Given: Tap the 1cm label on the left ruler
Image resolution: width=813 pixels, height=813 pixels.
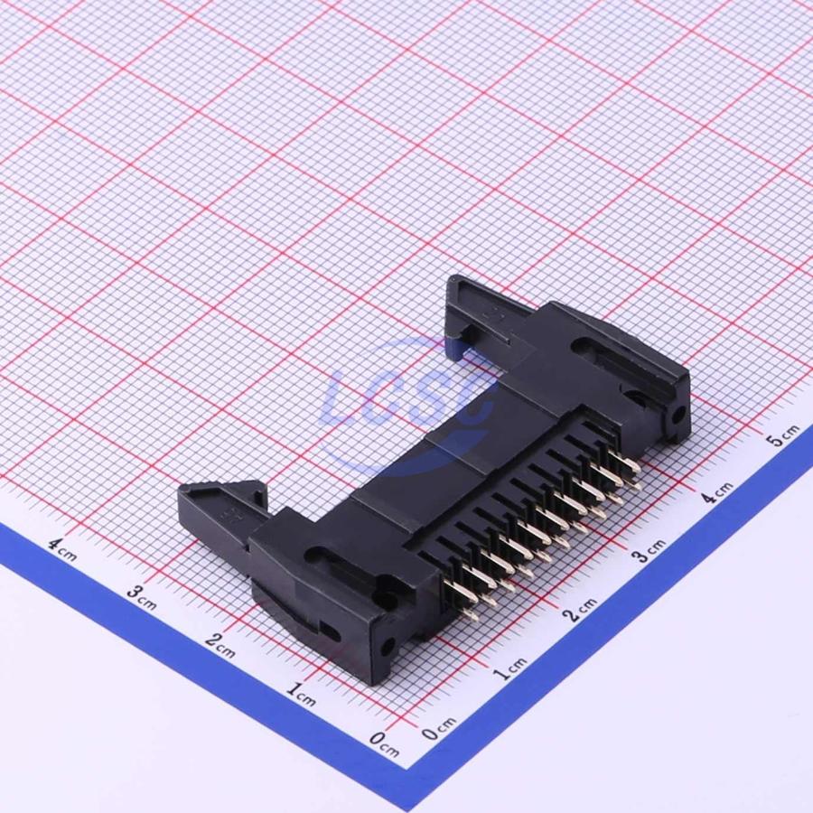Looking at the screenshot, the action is pos(301,695).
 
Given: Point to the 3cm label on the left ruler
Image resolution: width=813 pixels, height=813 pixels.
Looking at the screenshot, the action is pos(141,598).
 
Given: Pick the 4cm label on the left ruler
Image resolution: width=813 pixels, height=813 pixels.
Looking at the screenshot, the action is pos(62,549).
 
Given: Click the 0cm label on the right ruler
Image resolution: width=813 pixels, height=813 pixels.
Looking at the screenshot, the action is pos(439,728).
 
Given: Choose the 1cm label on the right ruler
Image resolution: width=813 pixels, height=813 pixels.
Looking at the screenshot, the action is pos(509,668).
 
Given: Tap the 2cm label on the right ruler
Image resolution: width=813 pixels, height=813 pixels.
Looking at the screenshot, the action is pos(580,611).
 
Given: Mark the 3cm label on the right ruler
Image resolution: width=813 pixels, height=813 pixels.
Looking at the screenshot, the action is pos(649,551).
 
